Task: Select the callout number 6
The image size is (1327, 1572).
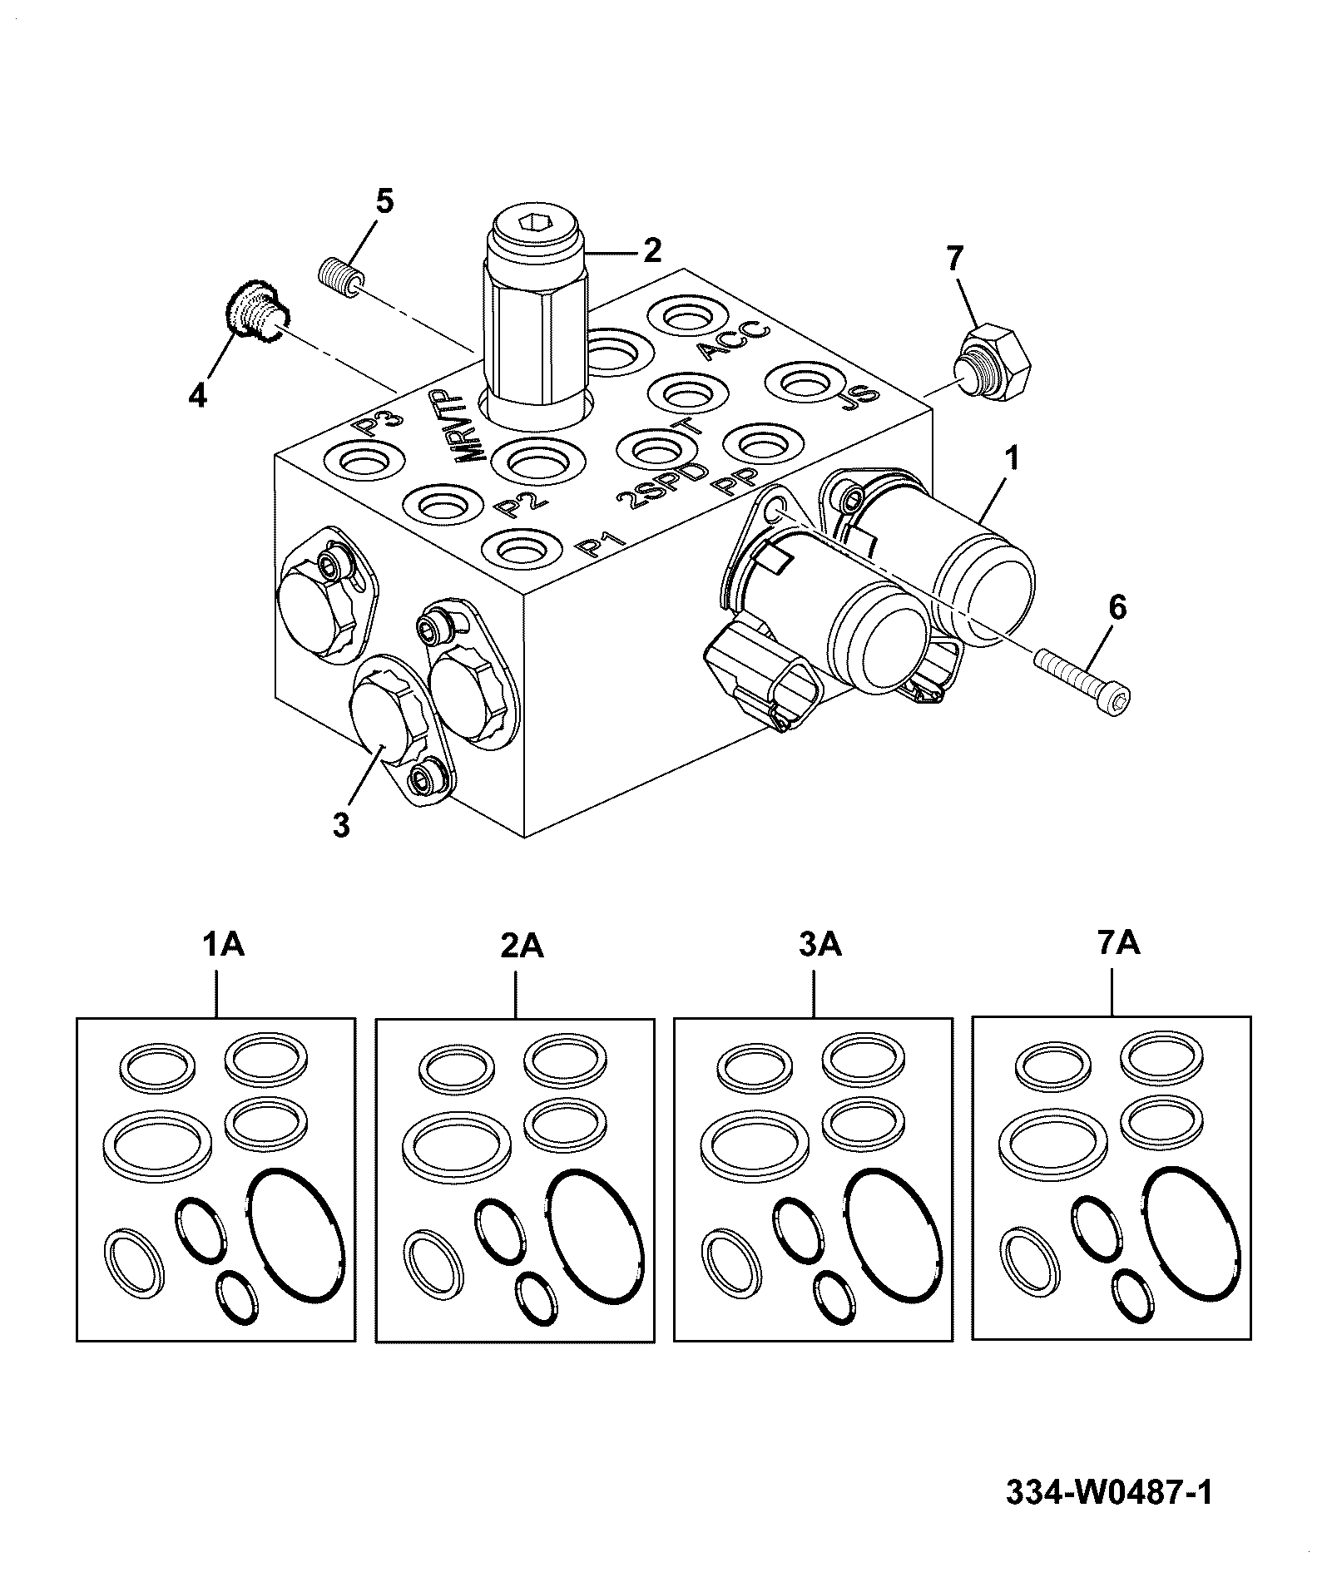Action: pos(1117,608)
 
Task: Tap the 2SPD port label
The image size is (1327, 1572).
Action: pos(664,486)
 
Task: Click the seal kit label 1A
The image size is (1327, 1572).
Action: pos(222,945)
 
